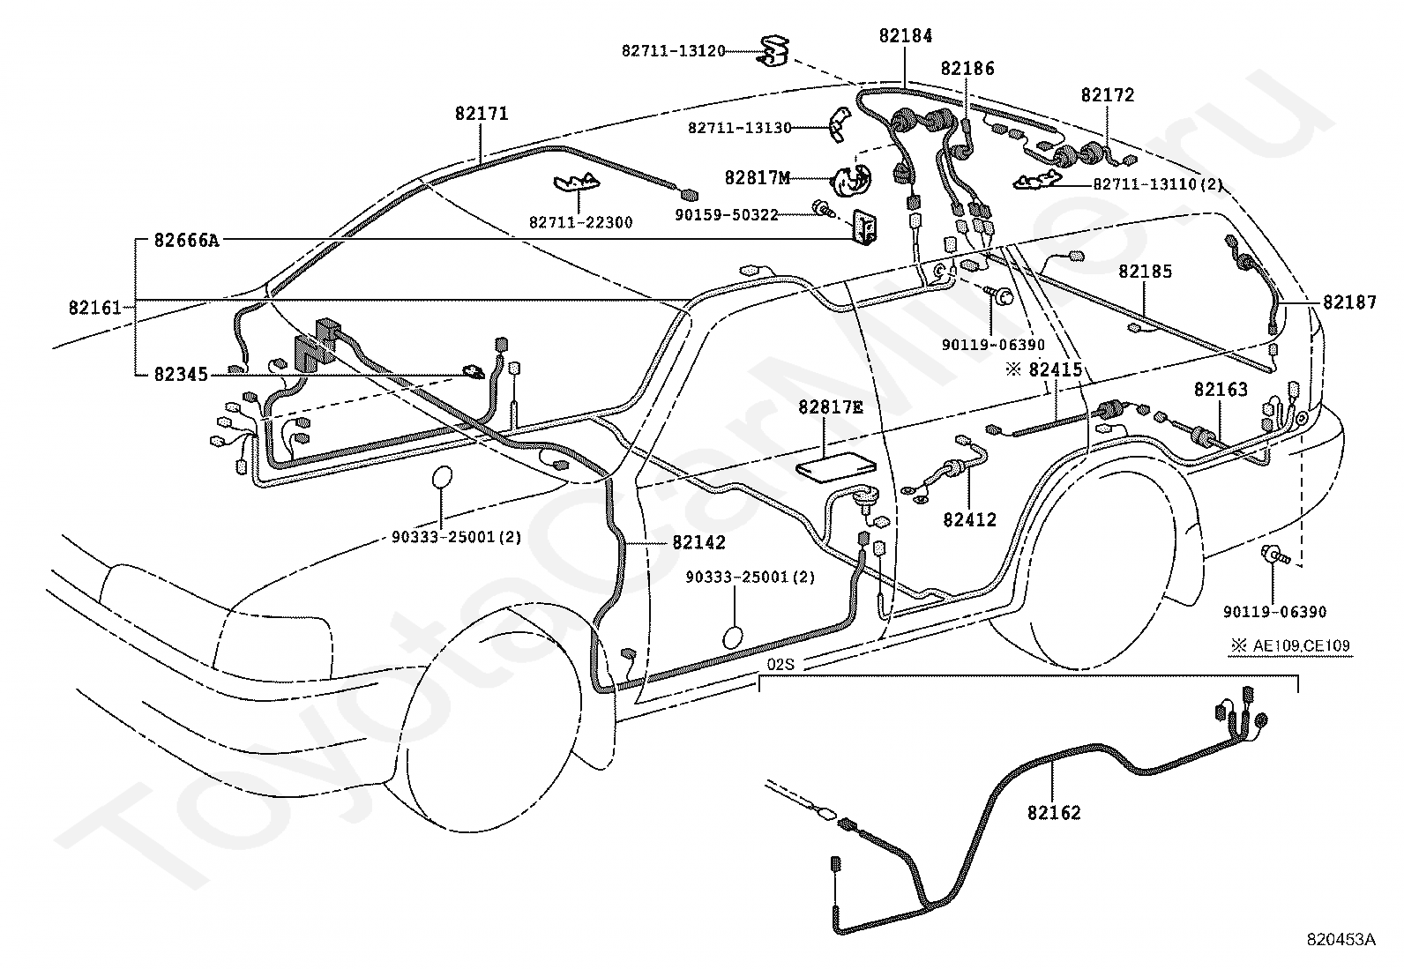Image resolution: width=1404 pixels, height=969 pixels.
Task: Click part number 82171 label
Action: (482, 114)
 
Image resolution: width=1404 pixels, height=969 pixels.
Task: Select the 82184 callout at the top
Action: (905, 36)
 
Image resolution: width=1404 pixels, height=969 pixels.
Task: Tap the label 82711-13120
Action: (673, 51)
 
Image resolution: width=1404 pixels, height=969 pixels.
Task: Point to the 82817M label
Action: (757, 178)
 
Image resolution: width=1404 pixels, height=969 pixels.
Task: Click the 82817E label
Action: (831, 407)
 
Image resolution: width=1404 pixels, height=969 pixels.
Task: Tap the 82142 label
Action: (698, 543)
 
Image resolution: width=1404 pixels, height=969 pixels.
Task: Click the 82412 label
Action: (969, 519)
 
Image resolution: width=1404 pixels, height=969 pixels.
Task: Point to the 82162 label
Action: (1053, 812)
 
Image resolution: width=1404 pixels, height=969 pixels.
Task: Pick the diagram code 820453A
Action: (1341, 940)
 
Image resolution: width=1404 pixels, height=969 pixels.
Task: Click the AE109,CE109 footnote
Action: (1302, 646)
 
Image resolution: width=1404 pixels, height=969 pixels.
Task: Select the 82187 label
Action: (1348, 302)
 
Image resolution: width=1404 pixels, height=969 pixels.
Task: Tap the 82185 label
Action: (1146, 271)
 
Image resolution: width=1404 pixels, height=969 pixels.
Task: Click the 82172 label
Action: (1108, 95)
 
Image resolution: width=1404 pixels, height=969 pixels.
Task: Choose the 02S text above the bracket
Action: (780, 664)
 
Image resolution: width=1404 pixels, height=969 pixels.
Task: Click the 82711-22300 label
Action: (580, 223)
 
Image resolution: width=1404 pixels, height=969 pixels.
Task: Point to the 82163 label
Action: (1221, 389)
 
